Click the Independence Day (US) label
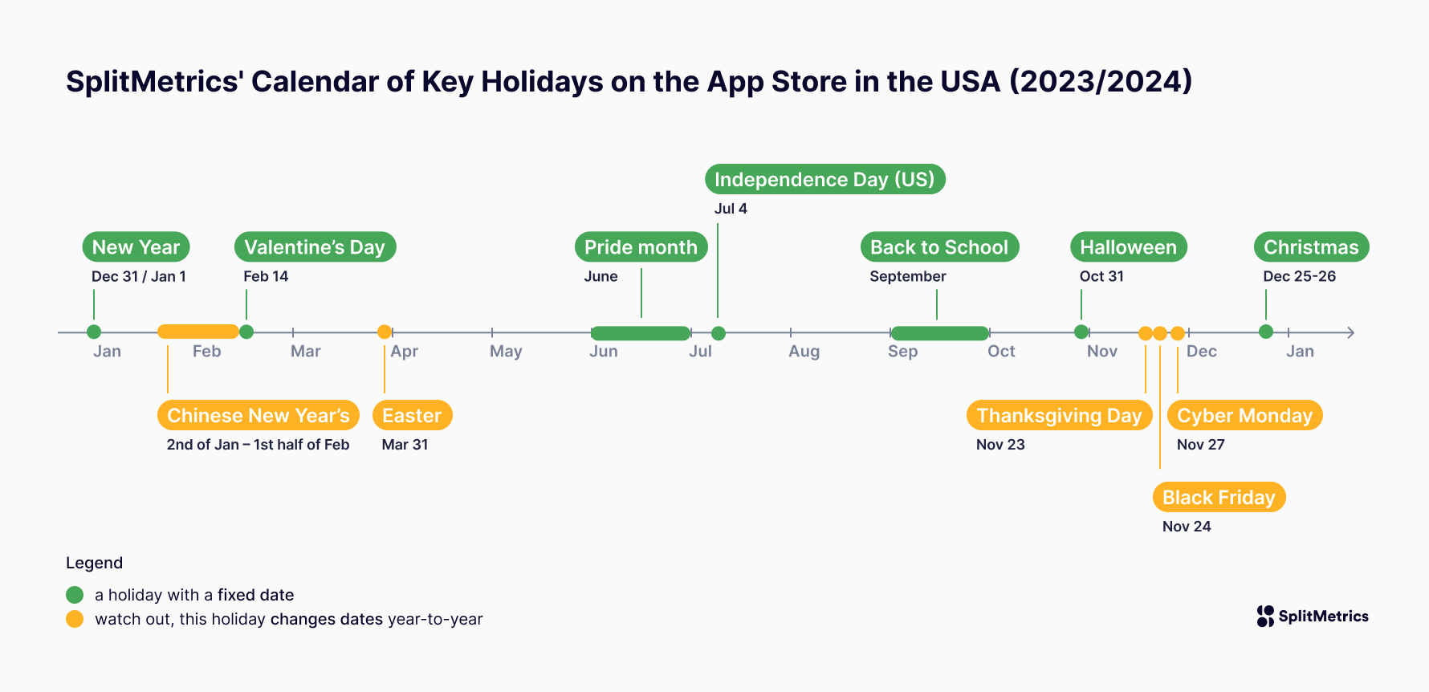tap(824, 179)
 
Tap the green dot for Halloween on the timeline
tap(1081, 332)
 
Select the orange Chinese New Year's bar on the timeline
tap(197, 332)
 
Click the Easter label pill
tap(412, 415)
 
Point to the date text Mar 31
tap(405, 445)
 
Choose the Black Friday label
tap(1219, 497)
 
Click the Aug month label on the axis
tap(804, 352)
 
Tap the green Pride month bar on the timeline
tap(641, 332)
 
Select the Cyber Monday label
tap(1244, 415)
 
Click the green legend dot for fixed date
tap(75, 595)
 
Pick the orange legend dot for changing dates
tap(75, 619)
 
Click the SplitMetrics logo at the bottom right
tap(1313, 617)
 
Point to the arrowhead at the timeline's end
tap(1351, 332)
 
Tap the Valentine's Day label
tap(315, 246)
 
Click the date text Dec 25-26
tap(1299, 276)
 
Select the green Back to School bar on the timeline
tap(939, 332)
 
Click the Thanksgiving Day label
tap(1059, 415)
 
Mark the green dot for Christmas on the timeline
tap(1266, 332)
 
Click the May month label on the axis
tap(506, 352)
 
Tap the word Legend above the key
tap(94, 563)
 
